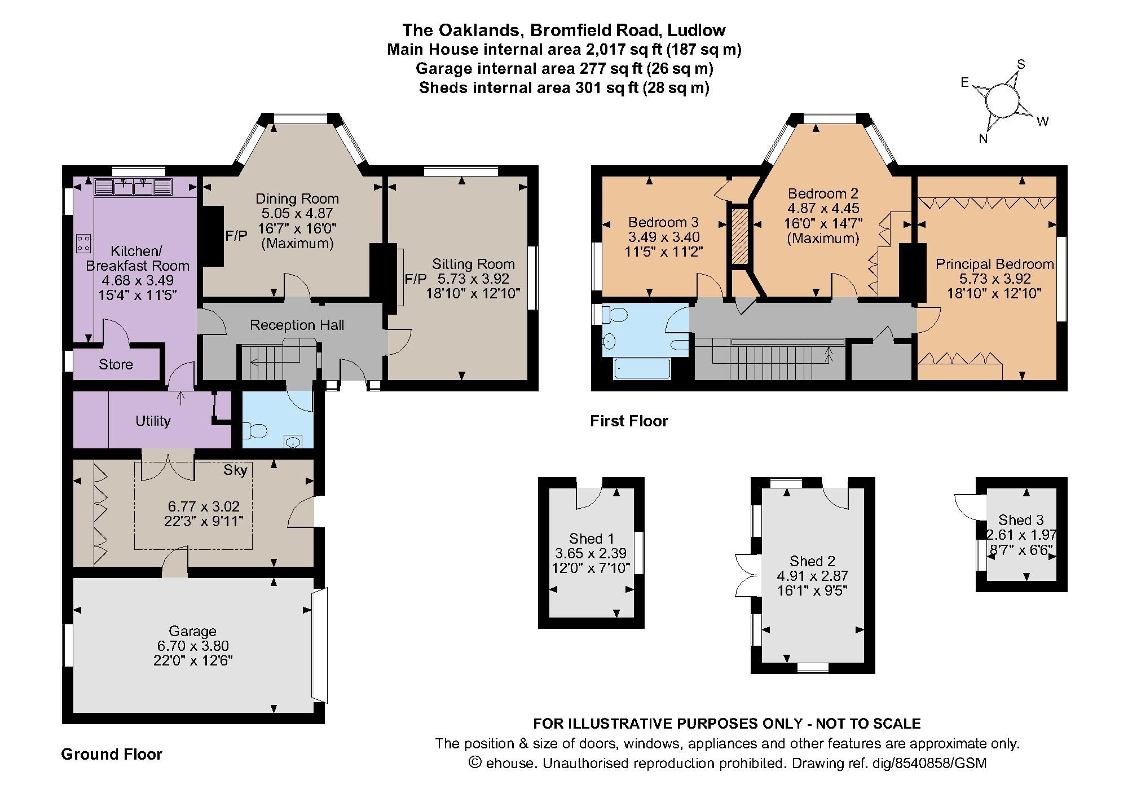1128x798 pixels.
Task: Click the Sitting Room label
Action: tap(473, 264)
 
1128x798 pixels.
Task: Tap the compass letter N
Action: tap(983, 139)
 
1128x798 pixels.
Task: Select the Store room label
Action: tap(116, 364)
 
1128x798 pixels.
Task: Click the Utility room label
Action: tap(152, 421)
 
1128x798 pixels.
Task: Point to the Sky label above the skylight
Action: tap(235, 470)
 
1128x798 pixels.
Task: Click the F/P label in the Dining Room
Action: tap(236, 236)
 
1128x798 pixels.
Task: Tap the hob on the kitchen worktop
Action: tap(84, 243)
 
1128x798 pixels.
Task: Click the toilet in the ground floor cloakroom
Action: tap(254, 431)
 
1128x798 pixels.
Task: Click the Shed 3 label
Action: tap(1021, 520)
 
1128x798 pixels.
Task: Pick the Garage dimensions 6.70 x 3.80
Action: tap(192, 646)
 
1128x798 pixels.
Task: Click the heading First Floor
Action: tap(629, 421)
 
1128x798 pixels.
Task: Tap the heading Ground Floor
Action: tap(112, 755)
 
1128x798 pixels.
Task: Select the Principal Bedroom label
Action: tap(995, 264)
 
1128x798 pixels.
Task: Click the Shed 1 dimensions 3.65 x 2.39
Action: tap(591, 553)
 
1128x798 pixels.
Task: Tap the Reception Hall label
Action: tap(297, 325)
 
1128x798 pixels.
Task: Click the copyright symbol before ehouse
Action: tap(475, 763)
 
